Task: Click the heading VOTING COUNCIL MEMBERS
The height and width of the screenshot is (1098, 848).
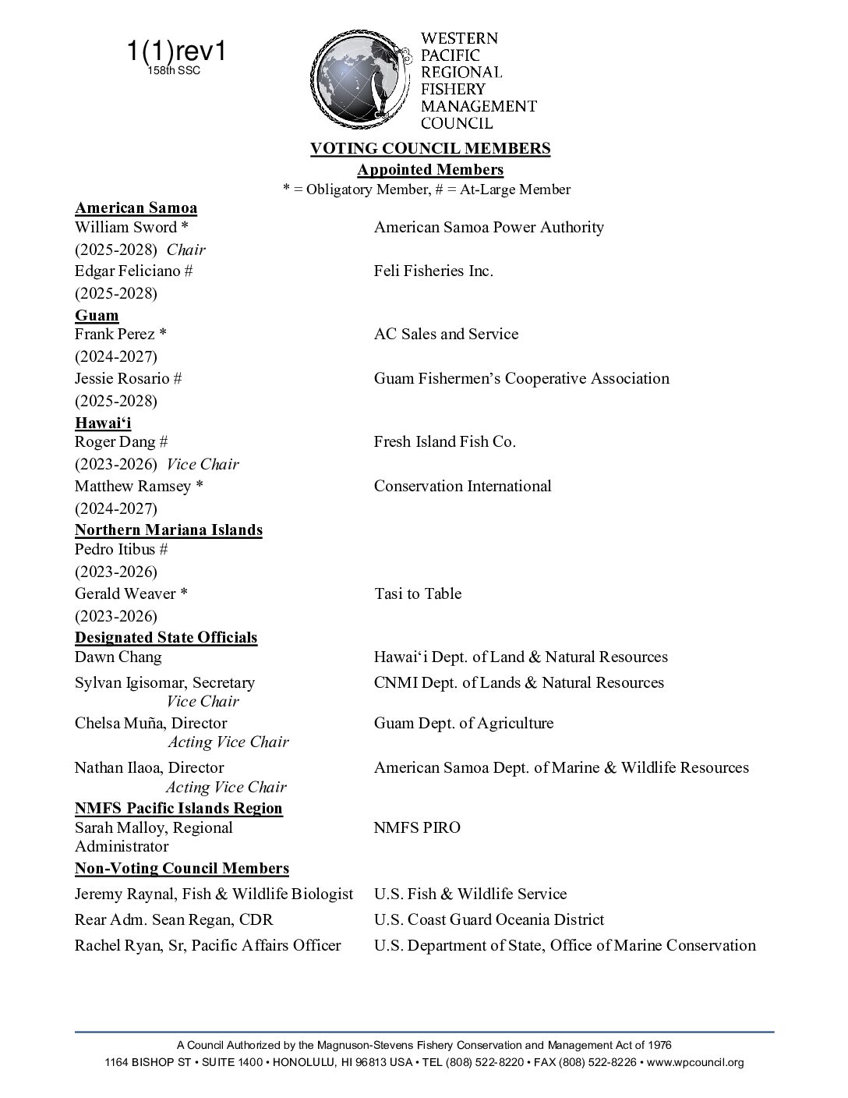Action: pos(430,148)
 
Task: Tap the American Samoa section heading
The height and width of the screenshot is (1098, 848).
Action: pos(136,207)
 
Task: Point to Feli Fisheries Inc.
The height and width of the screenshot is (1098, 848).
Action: pos(433,271)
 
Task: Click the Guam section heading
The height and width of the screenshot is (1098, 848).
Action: pos(97,315)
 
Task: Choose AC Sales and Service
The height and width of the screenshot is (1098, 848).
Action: pos(446,334)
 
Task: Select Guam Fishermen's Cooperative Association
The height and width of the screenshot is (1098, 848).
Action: pos(521,378)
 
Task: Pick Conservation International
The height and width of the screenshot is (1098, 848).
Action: pos(462,486)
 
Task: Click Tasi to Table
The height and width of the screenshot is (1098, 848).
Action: pos(418,593)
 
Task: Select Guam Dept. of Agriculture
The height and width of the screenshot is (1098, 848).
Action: pos(464,723)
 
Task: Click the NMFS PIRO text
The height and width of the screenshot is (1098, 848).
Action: pos(417,827)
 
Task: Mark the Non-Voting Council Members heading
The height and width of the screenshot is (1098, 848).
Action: pos(182,868)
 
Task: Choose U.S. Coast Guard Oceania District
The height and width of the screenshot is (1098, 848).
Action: pos(489,919)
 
